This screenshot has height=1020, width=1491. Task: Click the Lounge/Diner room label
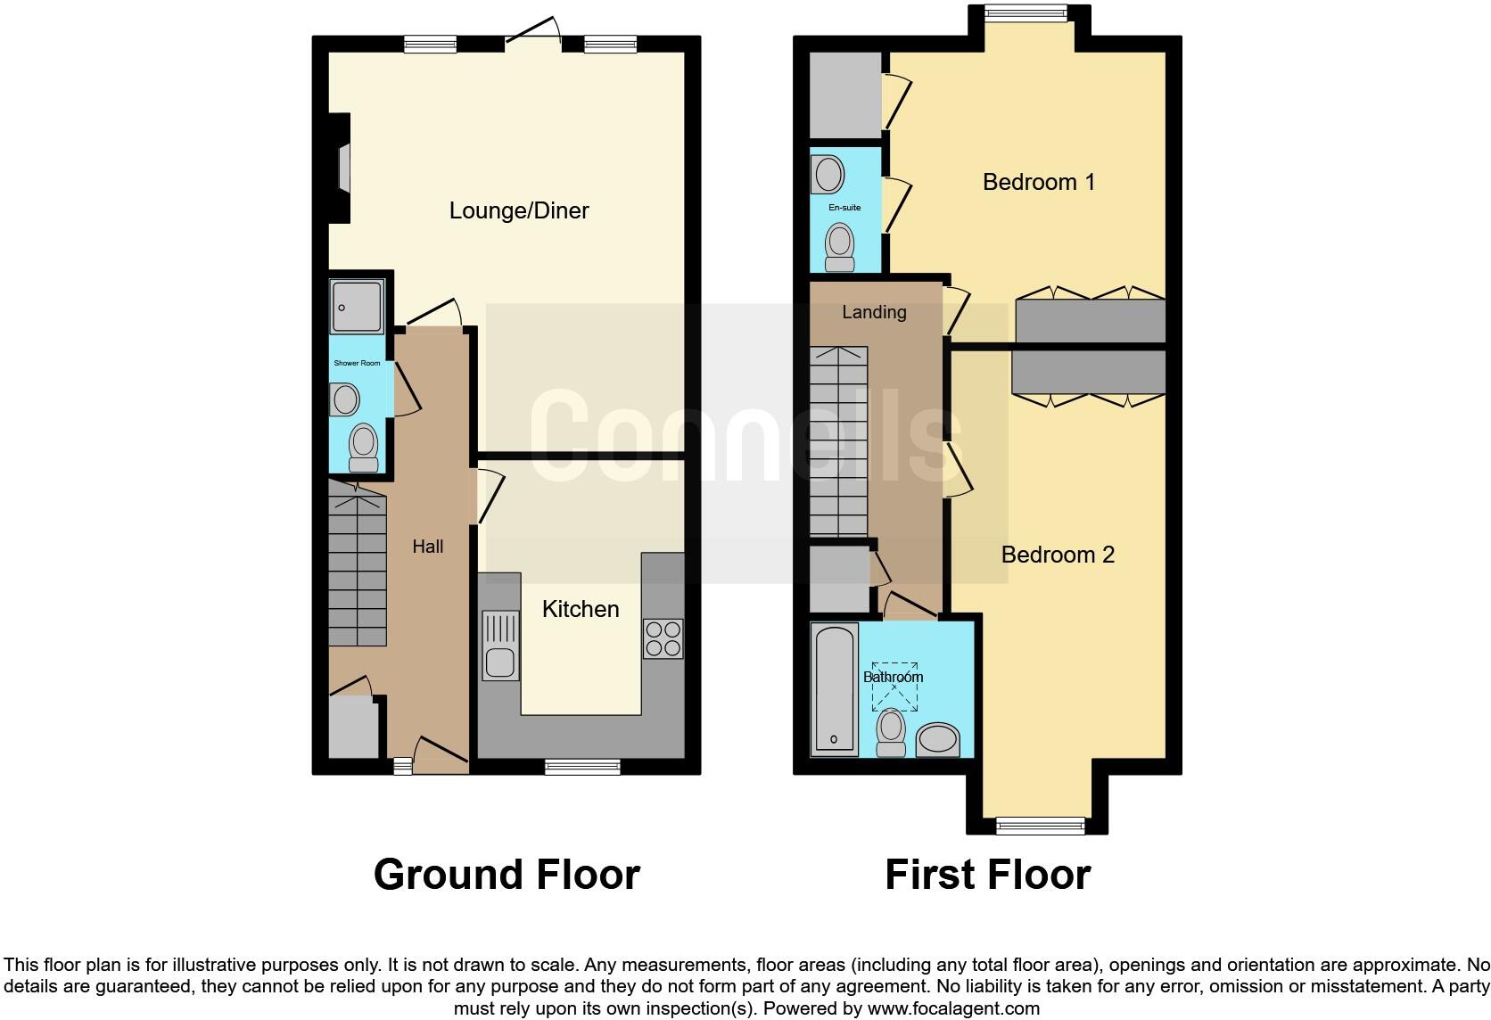[x=519, y=210]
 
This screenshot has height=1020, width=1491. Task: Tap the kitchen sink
[x=500, y=645]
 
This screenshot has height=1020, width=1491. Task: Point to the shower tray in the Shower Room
[x=357, y=307]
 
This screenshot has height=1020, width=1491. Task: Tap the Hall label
[x=427, y=547]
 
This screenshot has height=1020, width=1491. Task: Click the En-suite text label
[x=844, y=208]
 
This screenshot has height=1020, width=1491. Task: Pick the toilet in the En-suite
[x=839, y=246]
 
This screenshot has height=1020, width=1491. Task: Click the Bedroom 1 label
[x=1038, y=182]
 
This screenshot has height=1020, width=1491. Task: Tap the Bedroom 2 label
[x=1058, y=555]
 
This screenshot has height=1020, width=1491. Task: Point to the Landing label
[x=874, y=312]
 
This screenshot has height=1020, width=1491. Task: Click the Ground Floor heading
[x=507, y=875]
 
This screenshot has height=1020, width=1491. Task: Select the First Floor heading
[x=987, y=875]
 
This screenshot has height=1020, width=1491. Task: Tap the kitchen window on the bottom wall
[x=582, y=766]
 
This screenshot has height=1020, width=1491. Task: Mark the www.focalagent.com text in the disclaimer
[x=953, y=1009]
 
